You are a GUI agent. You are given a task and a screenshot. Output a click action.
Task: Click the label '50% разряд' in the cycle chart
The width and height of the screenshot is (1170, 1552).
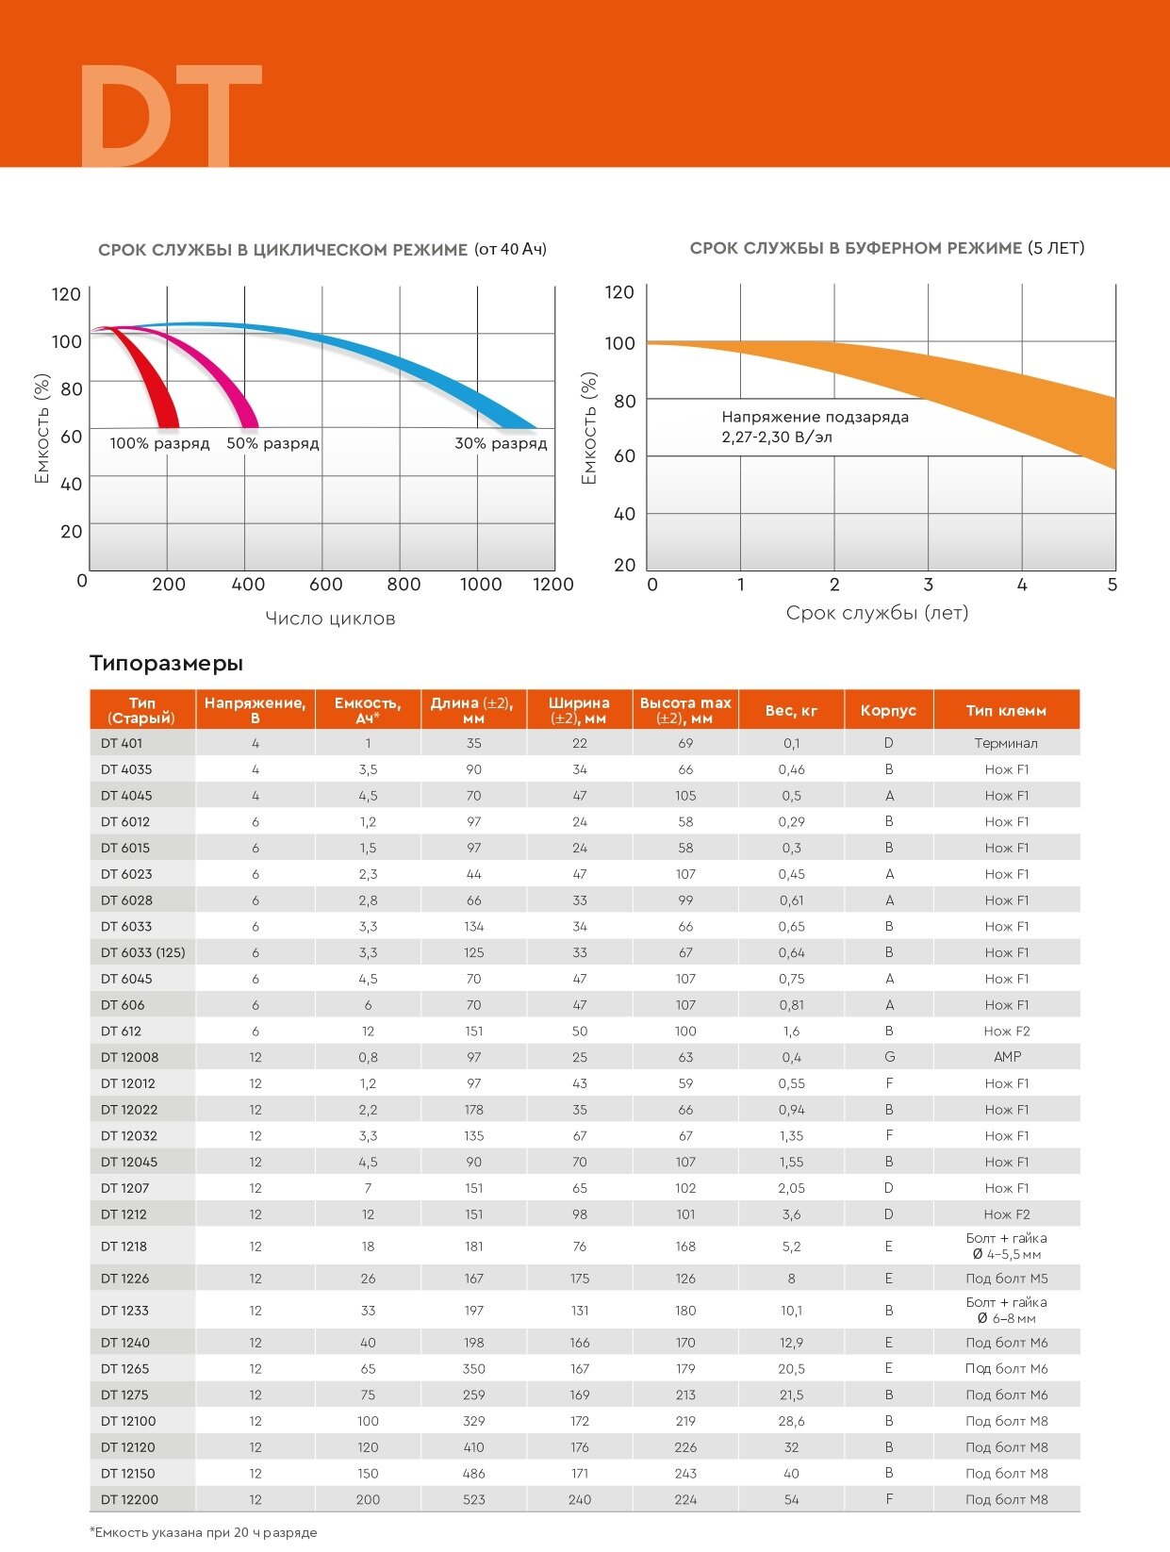pyautogui.click(x=272, y=443)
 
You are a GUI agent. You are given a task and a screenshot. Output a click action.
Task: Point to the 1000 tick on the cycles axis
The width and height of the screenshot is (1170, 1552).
pyautogui.click(x=481, y=585)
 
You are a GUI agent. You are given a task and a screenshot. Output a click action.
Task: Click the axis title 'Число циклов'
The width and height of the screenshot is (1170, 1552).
pyautogui.click(x=330, y=619)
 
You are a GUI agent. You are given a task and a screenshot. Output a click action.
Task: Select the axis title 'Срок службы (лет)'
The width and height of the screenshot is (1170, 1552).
pyautogui.click(x=877, y=613)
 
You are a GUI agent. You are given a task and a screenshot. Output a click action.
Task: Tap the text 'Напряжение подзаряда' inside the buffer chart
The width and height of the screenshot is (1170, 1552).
pyautogui.click(x=815, y=417)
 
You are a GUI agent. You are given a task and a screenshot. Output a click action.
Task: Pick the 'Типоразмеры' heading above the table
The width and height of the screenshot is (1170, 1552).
pyautogui.click(x=166, y=663)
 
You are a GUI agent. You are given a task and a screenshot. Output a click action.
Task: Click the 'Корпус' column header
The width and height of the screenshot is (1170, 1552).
pyautogui.click(x=888, y=710)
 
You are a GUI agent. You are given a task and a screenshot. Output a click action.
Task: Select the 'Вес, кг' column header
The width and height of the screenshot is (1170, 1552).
pyautogui.click(x=791, y=710)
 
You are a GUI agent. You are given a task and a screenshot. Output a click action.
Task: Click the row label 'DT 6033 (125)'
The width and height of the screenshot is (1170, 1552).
pyautogui.click(x=143, y=952)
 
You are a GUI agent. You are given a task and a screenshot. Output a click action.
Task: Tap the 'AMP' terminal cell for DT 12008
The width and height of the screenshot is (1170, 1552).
pyautogui.click(x=1007, y=1057)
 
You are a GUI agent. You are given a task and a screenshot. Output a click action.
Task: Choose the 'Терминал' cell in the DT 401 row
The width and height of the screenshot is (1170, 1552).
pyautogui.click(x=1006, y=743)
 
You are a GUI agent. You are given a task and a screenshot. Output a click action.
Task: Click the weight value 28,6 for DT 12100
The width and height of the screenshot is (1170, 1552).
pyautogui.click(x=791, y=1421)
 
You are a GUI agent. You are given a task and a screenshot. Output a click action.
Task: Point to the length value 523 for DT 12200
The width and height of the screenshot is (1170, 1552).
pyautogui.click(x=473, y=1499)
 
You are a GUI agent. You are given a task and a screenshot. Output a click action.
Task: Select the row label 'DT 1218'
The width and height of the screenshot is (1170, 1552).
pyautogui.click(x=124, y=1247)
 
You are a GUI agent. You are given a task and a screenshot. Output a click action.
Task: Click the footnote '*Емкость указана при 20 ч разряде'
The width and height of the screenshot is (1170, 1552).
pyautogui.click(x=204, y=1532)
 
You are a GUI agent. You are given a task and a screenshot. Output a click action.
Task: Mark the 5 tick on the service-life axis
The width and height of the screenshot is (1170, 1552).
pyautogui.click(x=1112, y=586)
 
